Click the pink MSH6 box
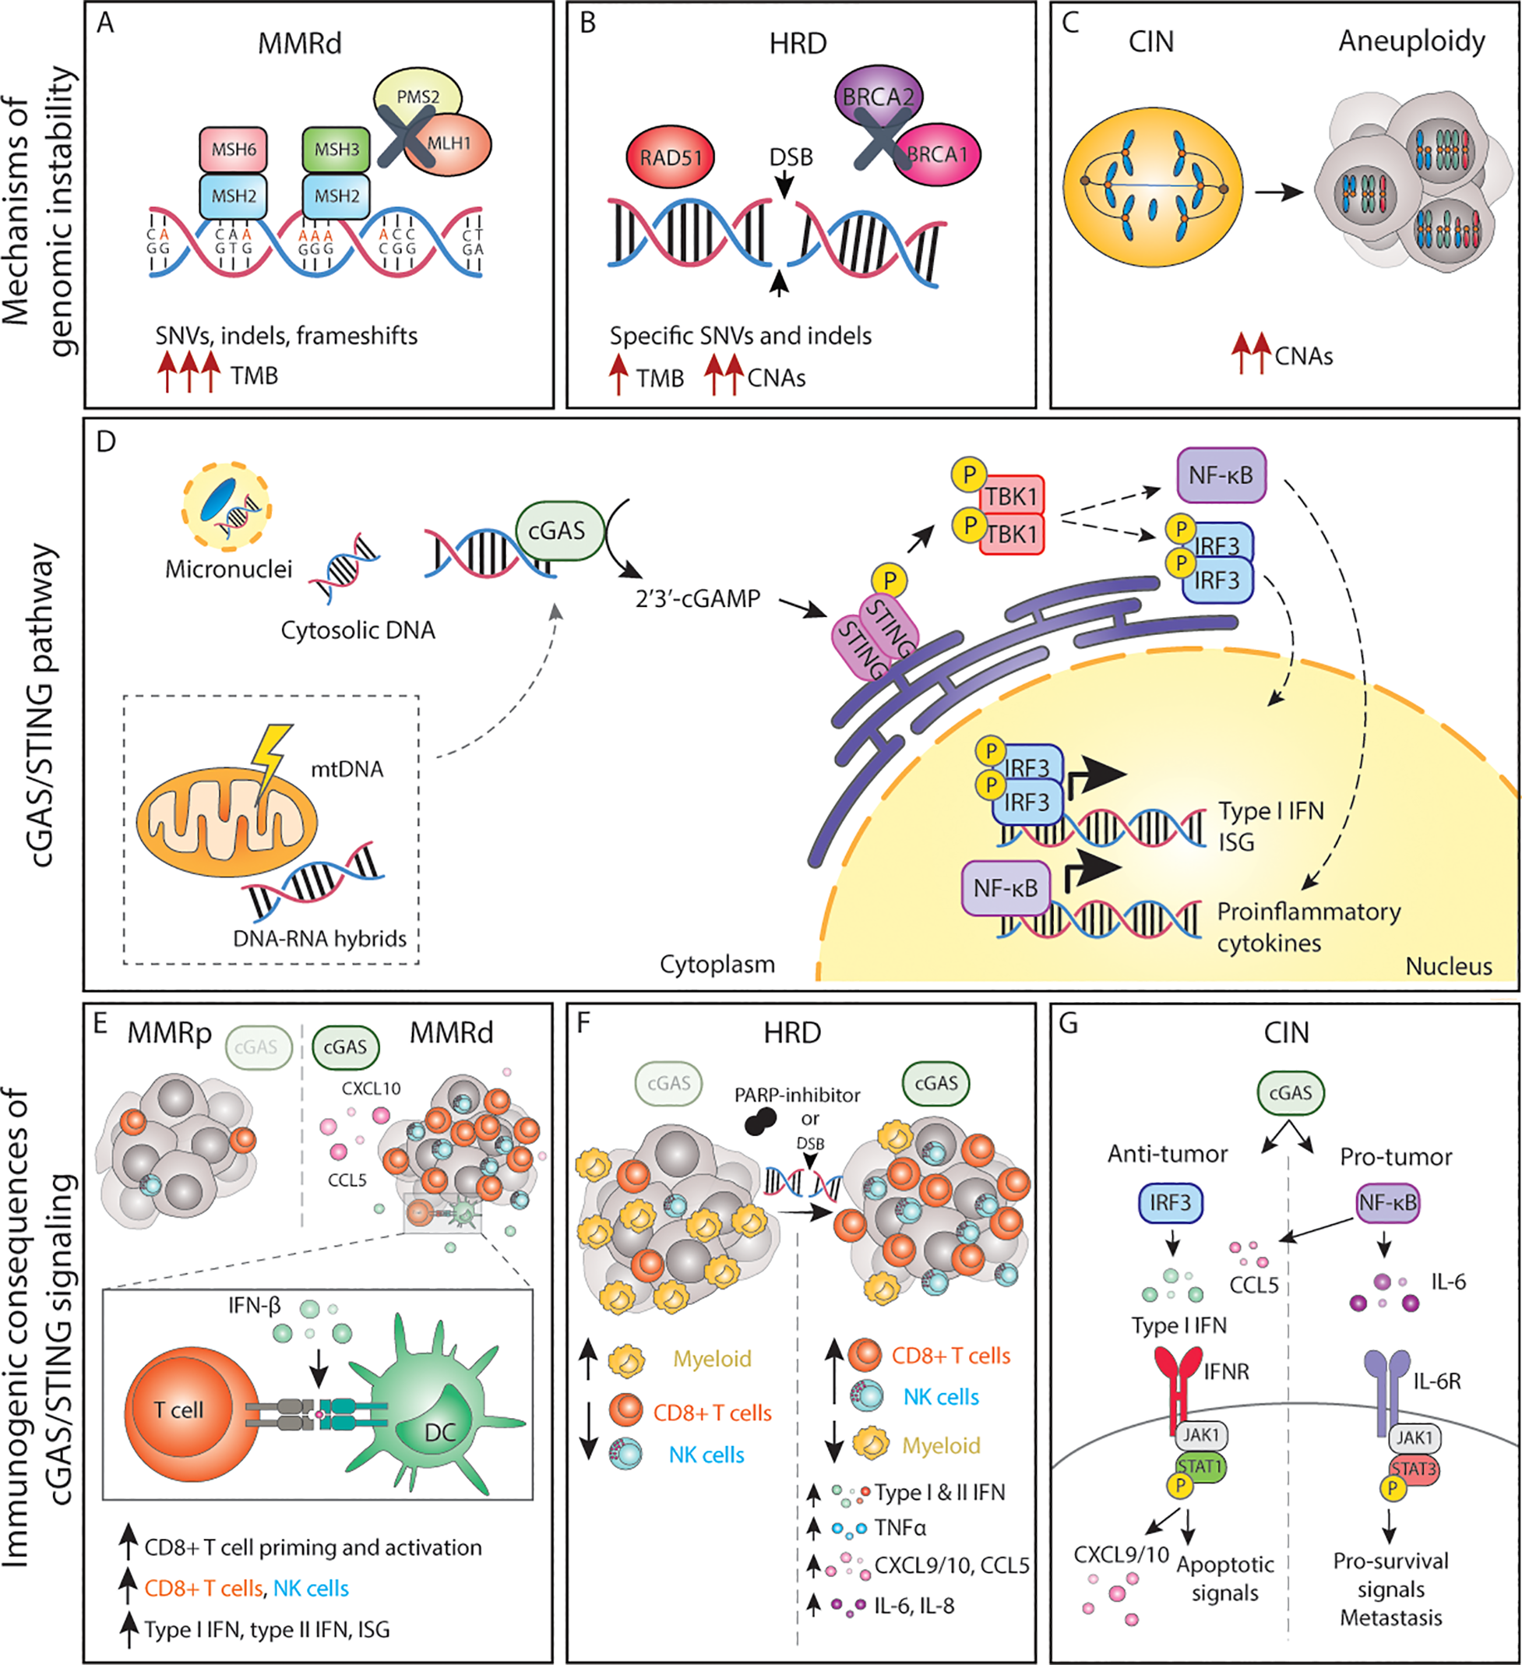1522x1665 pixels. coord(233,150)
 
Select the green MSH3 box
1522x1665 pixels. coord(336,150)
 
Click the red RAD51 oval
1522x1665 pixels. coord(671,157)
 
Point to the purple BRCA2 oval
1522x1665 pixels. coord(878,97)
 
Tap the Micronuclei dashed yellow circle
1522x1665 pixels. coord(227,506)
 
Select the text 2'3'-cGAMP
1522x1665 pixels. coord(697,599)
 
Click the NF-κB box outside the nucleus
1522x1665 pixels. coord(1221,476)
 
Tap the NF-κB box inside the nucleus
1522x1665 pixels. coord(1005,889)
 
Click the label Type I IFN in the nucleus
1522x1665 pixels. coord(1271,811)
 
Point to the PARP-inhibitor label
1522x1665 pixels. coord(797,1095)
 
